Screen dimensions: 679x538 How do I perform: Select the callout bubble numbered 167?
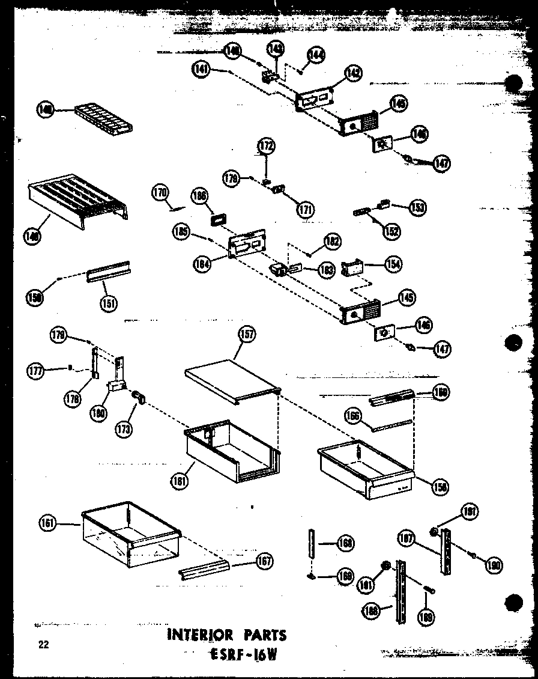click(x=262, y=562)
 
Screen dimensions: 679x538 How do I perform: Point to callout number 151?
click(x=109, y=303)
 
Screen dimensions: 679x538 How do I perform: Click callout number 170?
click(x=159, y=193)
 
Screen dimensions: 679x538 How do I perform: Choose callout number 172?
click(x=266, y=145)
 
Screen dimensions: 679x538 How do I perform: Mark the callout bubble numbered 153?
click(x=417, y=207)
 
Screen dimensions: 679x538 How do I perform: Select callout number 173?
click(x=125, y=428)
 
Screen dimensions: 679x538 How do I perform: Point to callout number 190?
click(x=495, y=565)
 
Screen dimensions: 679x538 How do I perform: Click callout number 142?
click(x=354, y=73)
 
